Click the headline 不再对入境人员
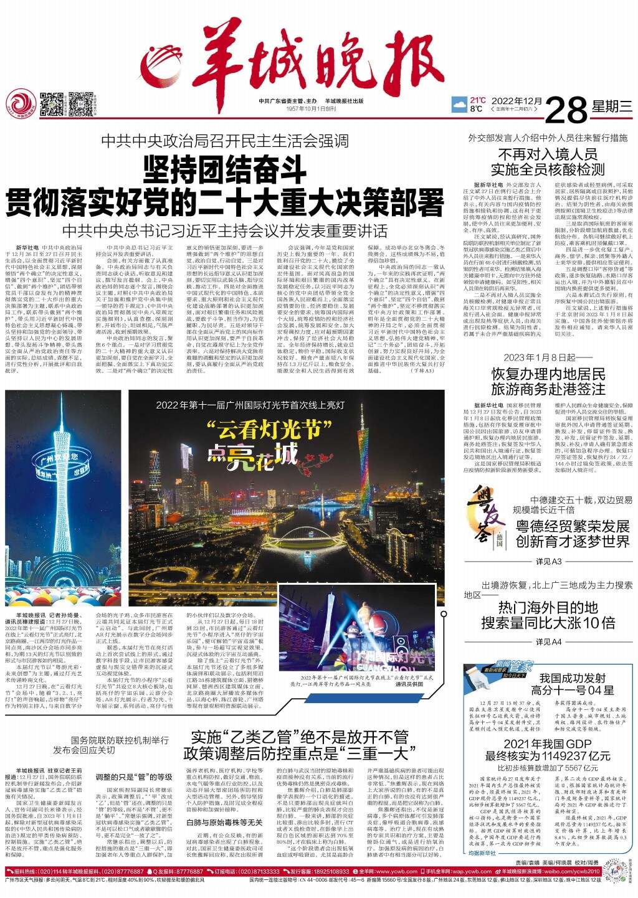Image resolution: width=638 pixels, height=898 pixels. click(x=548, y=154)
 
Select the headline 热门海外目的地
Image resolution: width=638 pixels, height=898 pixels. click(x=548, y=607)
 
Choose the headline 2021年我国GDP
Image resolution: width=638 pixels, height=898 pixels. click(x=548, y=744)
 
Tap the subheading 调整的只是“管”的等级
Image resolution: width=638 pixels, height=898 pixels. click(x=134, y=777)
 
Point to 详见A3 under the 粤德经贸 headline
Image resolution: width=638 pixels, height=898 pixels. click(x=548, y=561)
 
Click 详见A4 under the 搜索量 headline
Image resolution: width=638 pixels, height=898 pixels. click(x=548, y=641)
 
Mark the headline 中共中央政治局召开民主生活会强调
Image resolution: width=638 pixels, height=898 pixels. click(x=225, y=140)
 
